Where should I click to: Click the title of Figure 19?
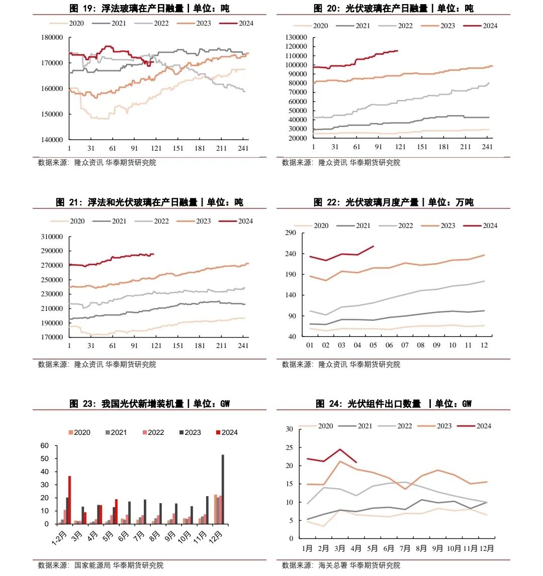[149, 8]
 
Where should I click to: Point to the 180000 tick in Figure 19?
[52, 38]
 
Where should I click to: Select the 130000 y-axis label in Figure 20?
[296, 38]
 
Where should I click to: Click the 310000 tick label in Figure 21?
[52, 237]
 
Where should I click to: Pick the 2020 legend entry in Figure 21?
[68, 221]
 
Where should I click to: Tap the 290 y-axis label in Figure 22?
[291, 233]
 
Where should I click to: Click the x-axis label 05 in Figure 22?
[373, 345]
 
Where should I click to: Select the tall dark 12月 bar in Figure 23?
[223, 489]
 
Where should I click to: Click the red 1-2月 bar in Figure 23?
[69, 500]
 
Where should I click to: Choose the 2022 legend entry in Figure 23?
[153, 432]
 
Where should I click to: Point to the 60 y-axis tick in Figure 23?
[45, 445]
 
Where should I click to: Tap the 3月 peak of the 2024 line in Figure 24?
[340, 449]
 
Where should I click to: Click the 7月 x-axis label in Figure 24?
[405, 548]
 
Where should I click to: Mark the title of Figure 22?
[393, 202]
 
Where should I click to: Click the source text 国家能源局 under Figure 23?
[93, 565]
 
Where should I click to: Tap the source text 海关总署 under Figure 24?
[332, 565]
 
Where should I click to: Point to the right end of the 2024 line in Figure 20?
[398, 51]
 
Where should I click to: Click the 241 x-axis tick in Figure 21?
[243, 345]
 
